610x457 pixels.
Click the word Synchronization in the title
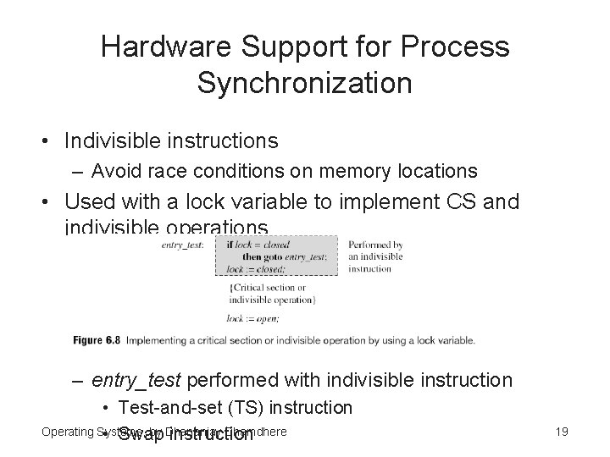click(x=304, y=83)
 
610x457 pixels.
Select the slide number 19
click(x=560, y=432)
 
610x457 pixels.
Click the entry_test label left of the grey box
click(x=182, y=245)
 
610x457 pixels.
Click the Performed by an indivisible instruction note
click(x=374, y=256)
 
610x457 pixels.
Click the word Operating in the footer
click(x=68, y=432)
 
